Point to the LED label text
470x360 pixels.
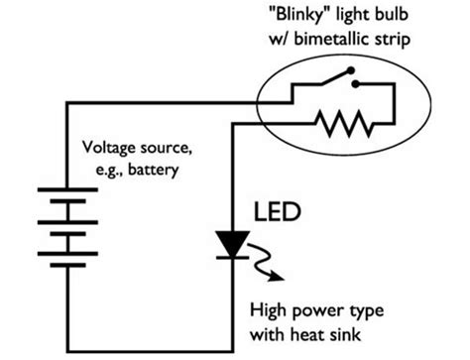pos(274,212)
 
